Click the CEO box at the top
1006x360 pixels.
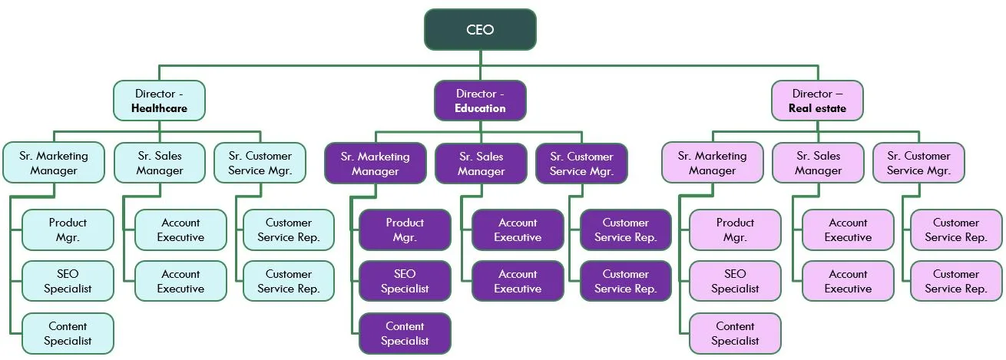pos(480,30)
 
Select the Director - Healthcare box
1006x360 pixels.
pos(159,101)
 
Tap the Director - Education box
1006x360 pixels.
pos(480,101)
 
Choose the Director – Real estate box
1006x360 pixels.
pos(817,101)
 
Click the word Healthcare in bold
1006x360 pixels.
pos(159,108)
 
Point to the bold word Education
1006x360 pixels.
pos(480,108)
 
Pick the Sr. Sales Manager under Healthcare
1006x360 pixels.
pos(160,163)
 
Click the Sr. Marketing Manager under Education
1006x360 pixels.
pos(375,163)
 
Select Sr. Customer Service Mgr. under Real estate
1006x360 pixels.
pos(918,163)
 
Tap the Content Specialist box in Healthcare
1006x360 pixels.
pos(68,333)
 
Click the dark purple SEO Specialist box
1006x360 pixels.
pos(405,281)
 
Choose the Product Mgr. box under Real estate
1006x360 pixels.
pos(735,230)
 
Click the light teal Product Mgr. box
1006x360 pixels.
pos(68,230)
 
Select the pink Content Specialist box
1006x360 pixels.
pos(735,333)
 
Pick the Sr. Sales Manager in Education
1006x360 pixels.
pos(481,163)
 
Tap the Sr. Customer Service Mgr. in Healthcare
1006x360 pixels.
pos(260,163)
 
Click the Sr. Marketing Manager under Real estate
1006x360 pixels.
pos(712,163)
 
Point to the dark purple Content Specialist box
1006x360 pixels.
pos(405,333)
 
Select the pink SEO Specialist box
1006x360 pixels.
pos(735,281)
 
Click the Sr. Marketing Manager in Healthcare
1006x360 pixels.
pos(54,163)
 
